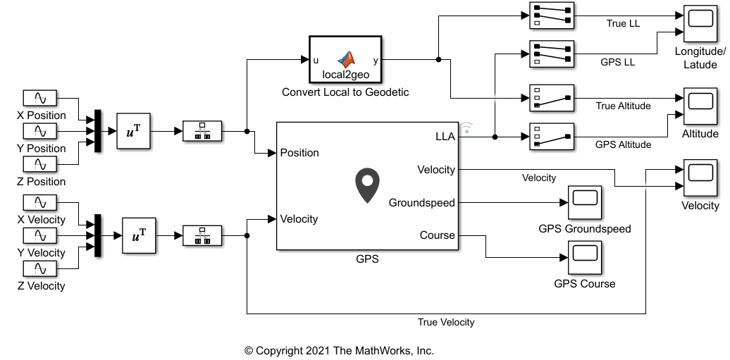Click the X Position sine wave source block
coord(40,99)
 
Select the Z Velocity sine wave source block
coord(40,269)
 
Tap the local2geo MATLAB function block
coord(345,60)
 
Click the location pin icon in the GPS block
coord(367,186)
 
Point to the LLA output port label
coord(445,137)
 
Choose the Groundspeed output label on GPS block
coord(422,203)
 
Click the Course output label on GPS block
coord(438,235)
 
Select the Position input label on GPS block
coord(299,153)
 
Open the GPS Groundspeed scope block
coord(584,203)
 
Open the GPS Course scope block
coord(584,258)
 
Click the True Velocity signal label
coord(446,323)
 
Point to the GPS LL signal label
coord(617,62)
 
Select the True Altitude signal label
coord(623,106)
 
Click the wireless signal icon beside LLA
coord(467,128)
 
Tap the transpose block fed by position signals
coord(133,131)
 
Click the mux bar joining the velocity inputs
coord(98,235)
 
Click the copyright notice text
coord(339,350)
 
